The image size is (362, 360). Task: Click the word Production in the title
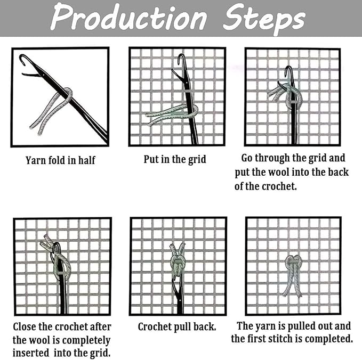pyautogui.click(x=127, y=19)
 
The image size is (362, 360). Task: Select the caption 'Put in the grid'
pyautogui.click(x=175, y=159)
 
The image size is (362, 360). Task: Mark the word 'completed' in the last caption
pyautogui.click(x=328, y=339)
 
